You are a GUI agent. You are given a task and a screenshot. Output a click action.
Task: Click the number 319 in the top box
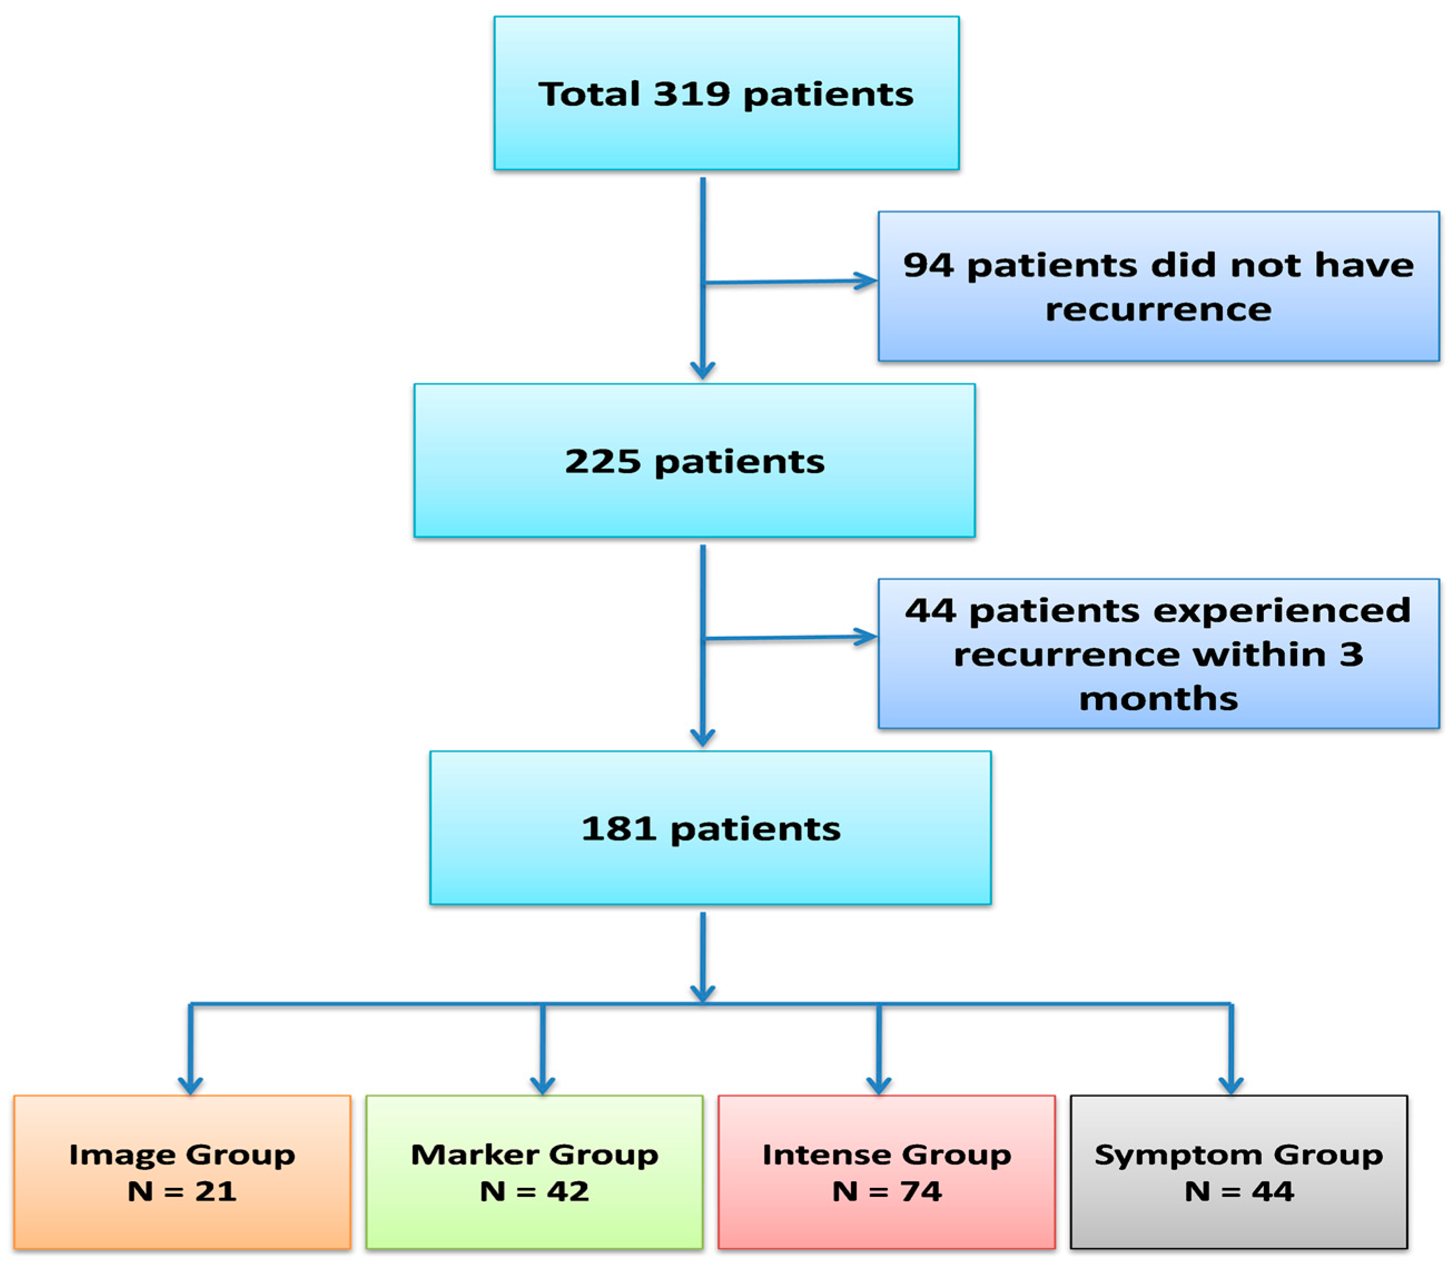pyautogui.click(x=691, y=94)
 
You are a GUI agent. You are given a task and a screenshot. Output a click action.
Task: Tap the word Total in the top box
pyautogui.click(x=589, y=94)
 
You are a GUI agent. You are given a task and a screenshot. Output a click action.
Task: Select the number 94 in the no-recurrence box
pyautogui.click(x=928, y=265)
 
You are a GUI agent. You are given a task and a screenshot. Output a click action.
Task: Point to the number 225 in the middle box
pyautogui.click(x=602, y=462)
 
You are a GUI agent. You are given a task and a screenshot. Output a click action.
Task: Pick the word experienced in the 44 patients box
pyautogui.click(x=1189, y=610)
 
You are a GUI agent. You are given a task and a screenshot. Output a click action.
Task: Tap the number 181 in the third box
pyautogui.click(x=619, y=829)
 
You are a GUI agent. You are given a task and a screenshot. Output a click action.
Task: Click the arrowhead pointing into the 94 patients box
pyautogui.click(x=866, y=281)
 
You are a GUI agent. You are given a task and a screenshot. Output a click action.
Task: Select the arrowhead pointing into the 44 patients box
pyautogui.click(x=866, y=637)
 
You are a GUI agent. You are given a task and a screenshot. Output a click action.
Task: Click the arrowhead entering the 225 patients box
pyautogui.click(x=702, y=370)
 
